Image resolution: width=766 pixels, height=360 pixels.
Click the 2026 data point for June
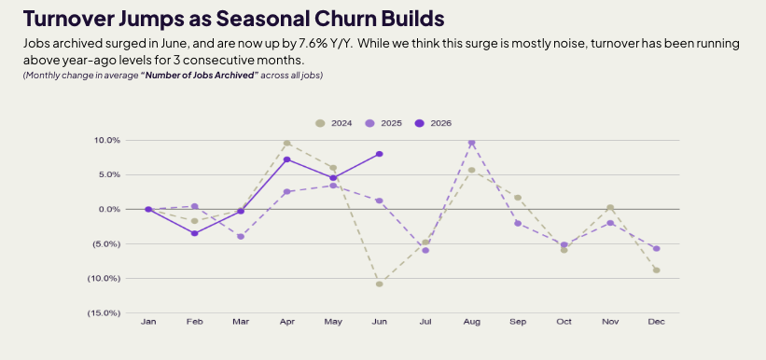click(x=379, y=154)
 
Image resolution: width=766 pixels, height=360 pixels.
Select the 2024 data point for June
click(x=379, y=284)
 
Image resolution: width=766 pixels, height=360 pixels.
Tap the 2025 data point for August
click(x=471, y=143)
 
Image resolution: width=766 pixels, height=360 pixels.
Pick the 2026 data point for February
click(x=194, y=233)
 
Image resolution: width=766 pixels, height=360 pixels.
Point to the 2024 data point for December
click(x=656, y=270)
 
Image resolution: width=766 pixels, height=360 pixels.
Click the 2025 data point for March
click(x=241, y=236)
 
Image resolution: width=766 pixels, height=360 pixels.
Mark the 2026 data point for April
click(x=286, y=159)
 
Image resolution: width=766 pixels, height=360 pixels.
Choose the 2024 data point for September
click(x=518, y=198)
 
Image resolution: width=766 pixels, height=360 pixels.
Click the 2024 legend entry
click(x=334, y=123)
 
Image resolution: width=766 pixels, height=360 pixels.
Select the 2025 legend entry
click(x=383, y=123)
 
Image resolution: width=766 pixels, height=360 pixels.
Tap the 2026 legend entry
click(x=433, y=123)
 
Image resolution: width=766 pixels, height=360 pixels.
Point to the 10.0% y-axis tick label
click(x=106, y=140)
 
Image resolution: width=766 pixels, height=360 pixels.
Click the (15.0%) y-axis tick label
click(x=104, y=313)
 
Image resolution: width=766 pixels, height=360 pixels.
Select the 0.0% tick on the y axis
click(x=108, y=209)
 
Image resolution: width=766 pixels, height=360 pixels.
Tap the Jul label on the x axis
click(x=425, y=322)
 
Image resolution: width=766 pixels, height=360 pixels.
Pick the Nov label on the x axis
click(x=610, y=322)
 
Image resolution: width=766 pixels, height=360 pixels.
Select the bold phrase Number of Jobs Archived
click(x=200, y=76)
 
